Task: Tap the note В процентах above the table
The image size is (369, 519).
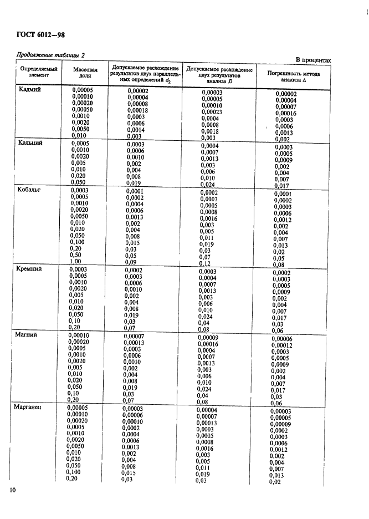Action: pyautogui.click(x=312, y=60)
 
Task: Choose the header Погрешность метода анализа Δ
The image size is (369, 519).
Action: pyautogui.click(x=290, y=76)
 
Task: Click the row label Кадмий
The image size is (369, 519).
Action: pyautogui.click(x=30, y=90)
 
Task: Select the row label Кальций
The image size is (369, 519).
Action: pyautogui.click(x=31, y=143)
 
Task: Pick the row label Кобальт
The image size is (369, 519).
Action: pyautogui.click(x=30, y=190)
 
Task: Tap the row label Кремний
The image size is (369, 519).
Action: pyautogui.click(x=31, y=269)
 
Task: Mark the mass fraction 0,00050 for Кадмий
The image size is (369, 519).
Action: pyautogui.click(x=83, y=109)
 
